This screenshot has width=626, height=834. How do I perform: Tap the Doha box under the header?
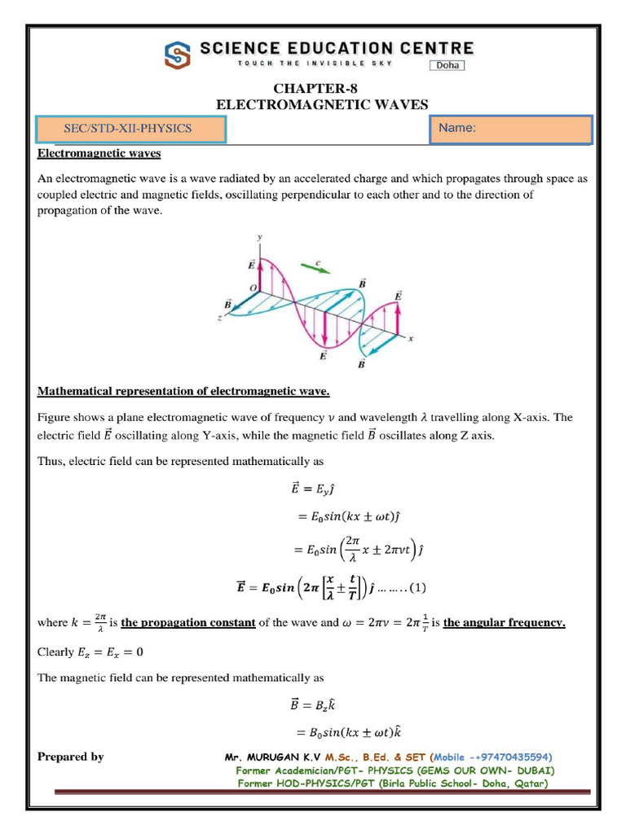point(447,66)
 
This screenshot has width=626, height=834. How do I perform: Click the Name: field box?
point(510,129)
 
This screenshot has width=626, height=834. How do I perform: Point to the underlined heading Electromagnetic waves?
point(99,152)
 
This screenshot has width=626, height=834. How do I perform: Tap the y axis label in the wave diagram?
point(260,237)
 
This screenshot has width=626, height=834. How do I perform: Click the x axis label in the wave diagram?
point(411,339)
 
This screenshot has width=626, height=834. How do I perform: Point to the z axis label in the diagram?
point(220,318)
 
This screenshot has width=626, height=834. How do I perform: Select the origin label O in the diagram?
point(253,287)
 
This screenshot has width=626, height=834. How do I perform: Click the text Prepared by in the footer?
point(71,757)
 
